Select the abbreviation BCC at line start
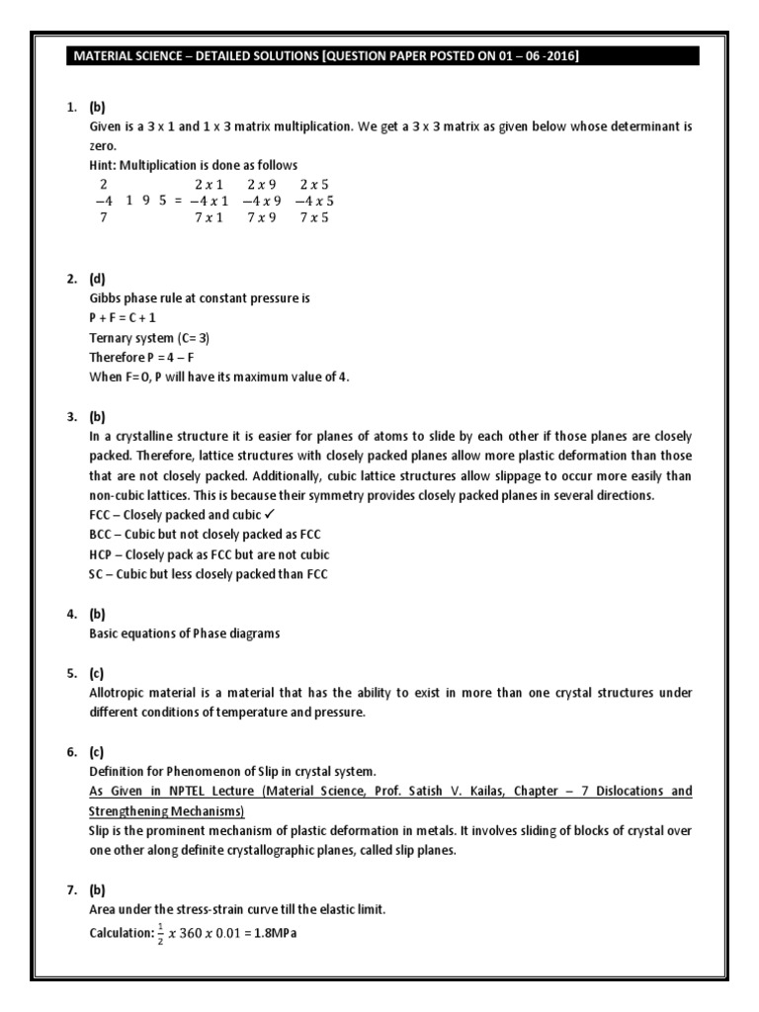point(102,535)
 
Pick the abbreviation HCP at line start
point(102,554)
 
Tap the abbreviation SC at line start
point(97,574)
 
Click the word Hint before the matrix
point(104,165)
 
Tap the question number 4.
point(71,614)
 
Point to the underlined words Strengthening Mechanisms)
point(167,811)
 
